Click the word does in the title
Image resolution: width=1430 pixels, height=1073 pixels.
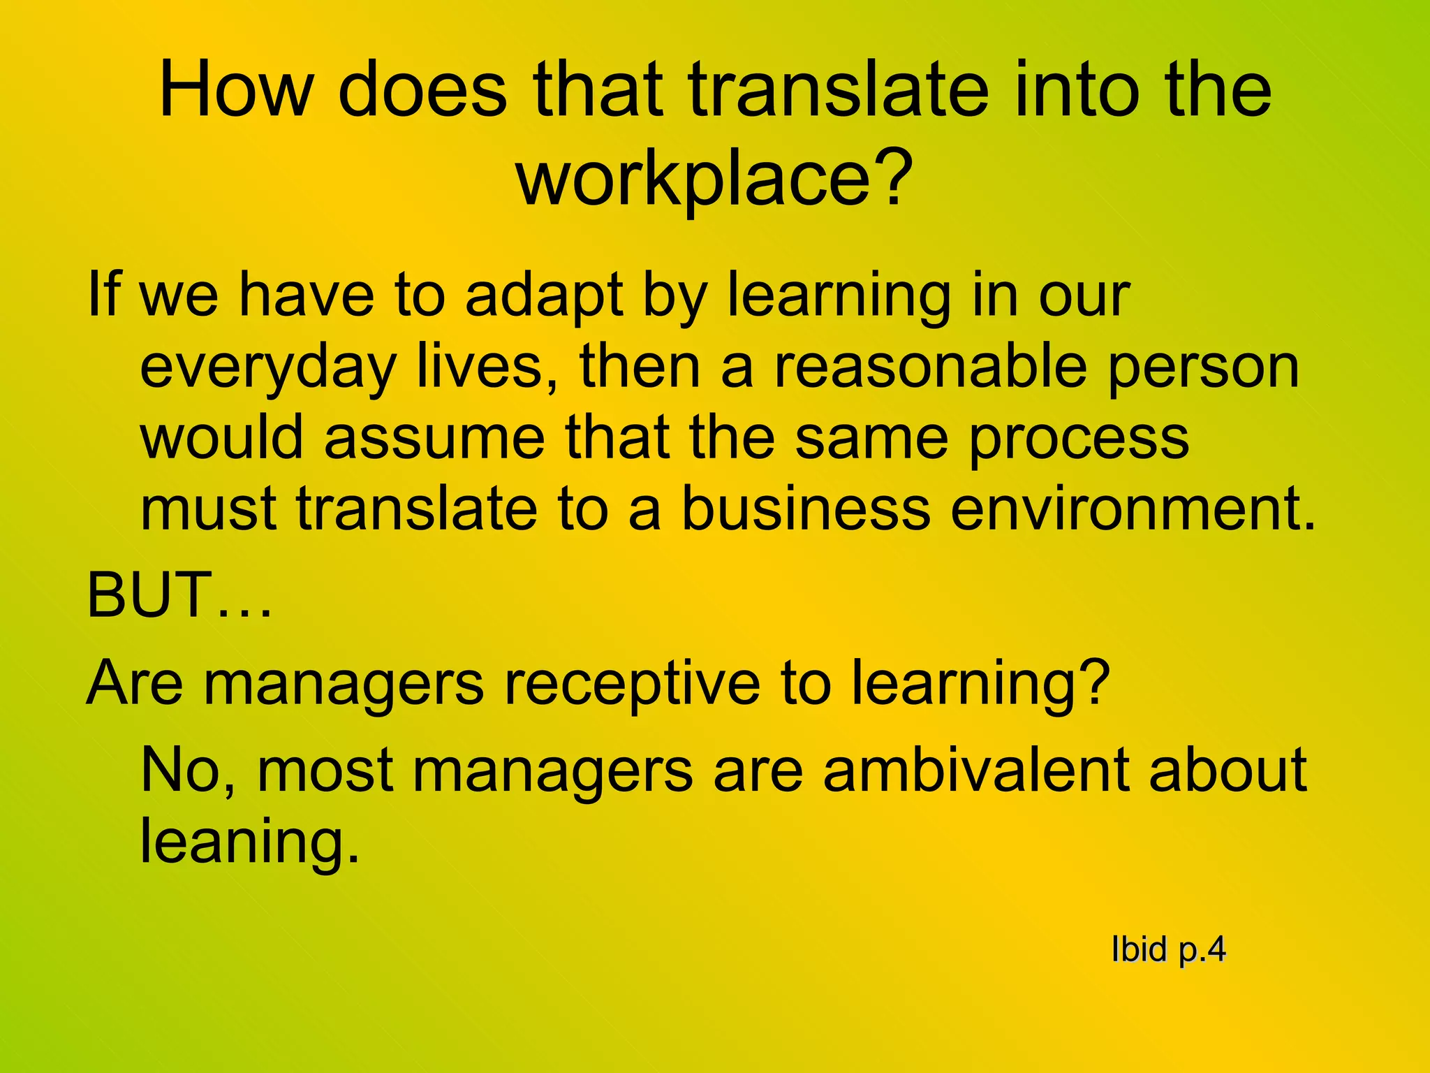pos(422,90)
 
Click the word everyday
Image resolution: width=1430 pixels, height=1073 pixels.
pos(268,368)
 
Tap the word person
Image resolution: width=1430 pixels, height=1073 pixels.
pos(1203,368)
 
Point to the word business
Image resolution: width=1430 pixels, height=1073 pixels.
pos(805,508)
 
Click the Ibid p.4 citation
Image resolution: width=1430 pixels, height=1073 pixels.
pos(1168,950)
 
